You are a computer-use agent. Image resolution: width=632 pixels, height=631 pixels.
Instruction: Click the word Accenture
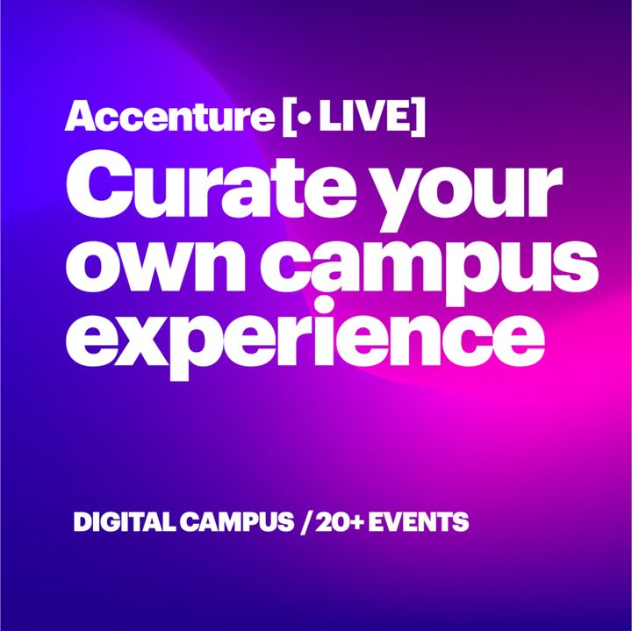pyautogui.click(x=169, y=116)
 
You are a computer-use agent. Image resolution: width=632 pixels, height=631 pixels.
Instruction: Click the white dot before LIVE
pyautogui.click(x=306, y=117)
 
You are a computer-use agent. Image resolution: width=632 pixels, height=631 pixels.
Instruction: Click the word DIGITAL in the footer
pyautogui.click(x=124, y=522)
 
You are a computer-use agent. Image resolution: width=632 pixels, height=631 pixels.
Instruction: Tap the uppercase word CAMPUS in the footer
pyautogui.click(x=237, y=522)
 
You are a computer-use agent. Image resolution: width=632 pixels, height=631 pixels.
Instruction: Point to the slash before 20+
pyautogui.click(x=307, y=522)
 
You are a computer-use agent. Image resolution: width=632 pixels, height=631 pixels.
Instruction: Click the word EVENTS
pyautogui.click(x=419, y=522)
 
